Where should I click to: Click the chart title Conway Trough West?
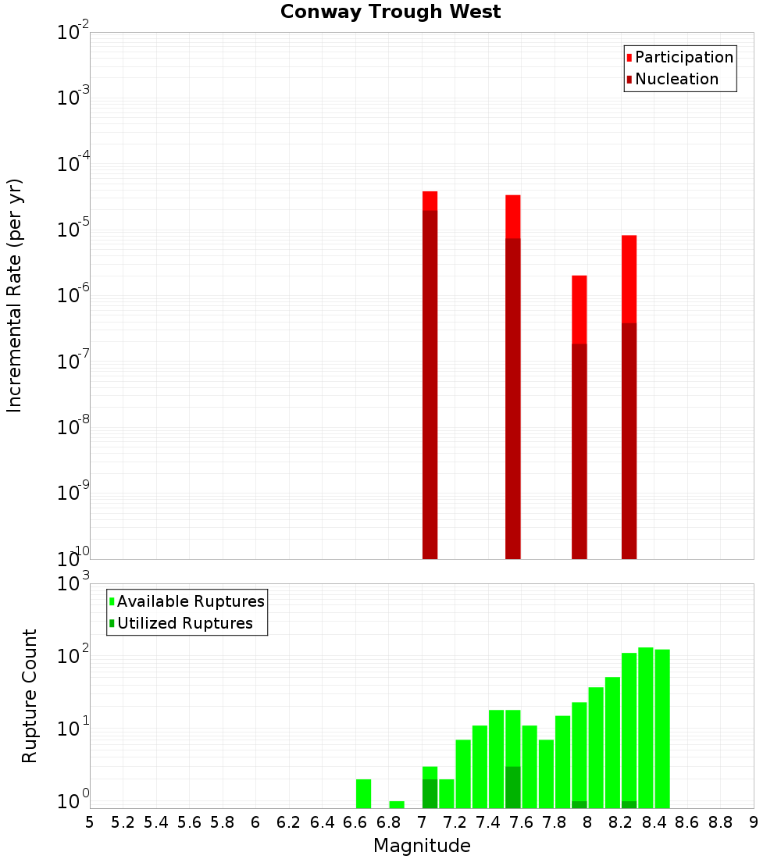[390, 12]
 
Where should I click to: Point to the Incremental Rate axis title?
[15, 296]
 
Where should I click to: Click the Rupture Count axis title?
[30, 696]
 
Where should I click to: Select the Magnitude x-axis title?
[422, 846]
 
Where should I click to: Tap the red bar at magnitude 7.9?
[579, 308]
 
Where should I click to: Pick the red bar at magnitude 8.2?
[629, 277]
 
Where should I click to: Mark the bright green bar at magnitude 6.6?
[363, 793]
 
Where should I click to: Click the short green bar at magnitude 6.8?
[397, 804]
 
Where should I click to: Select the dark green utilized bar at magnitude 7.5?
[512, 787]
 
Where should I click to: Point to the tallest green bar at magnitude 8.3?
[646, 726]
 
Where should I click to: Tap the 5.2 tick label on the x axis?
[123, 822]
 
